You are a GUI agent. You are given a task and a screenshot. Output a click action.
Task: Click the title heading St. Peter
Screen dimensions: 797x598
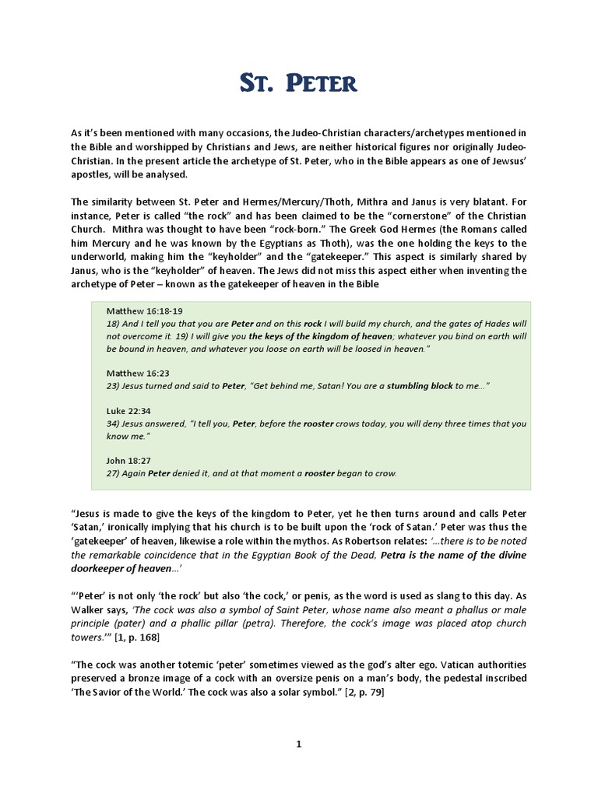298,82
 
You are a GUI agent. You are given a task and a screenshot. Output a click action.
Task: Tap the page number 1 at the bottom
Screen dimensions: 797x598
298,744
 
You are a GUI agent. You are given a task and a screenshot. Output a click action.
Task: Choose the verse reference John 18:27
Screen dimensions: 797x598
126,460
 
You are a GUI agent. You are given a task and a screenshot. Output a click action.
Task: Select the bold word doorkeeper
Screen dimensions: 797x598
105,569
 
